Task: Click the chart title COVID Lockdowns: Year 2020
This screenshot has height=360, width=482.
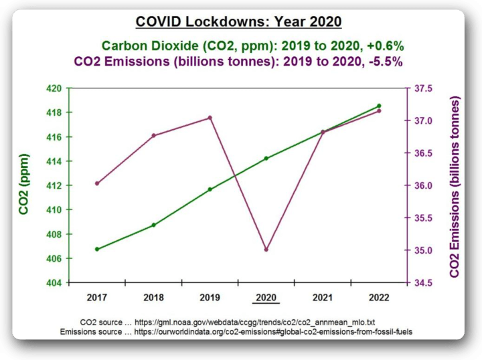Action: pyautogui.click(x=239, y=22)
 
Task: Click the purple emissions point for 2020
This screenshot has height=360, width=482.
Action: pyautogui.click(x=266, y=250)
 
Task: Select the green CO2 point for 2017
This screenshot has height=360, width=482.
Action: pyautogui.click(x=97, y=249)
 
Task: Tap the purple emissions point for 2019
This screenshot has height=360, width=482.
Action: pyautogui.click(x=210, y=118)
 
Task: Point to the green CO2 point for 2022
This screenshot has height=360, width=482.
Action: pyautogui.click(x=379, y=106)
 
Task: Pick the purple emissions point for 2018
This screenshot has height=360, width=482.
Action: pyautogui.click(x=153, y=136)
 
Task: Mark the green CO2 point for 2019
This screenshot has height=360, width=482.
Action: pyautogui.click(x=210, y=189)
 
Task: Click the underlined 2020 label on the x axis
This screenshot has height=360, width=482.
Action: pyautogui.click(x=266, y=296)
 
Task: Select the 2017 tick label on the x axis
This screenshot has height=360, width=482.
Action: pyautogui.click(x=97, y=296)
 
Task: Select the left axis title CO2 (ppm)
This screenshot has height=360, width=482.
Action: pyautogui.click(x=24, y=185)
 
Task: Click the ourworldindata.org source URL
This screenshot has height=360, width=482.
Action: pyautogui.click(x=275, y=331)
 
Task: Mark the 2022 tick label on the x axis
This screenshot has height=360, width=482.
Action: pyautogui.click(x=379, y=296)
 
